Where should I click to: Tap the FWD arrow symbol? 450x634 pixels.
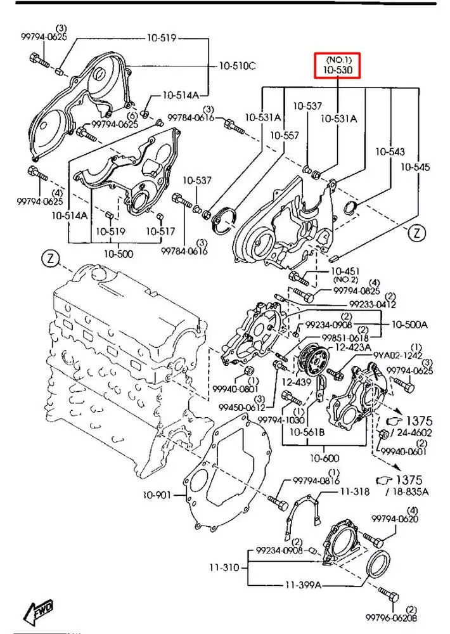pos(39,612)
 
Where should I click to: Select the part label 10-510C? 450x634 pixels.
pos(238,65)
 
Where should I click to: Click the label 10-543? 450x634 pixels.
pos(389,152)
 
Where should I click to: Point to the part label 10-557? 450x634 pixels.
pos(284,136)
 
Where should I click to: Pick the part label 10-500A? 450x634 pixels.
pos(409,324)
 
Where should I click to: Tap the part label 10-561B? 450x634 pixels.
pos(307,432)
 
